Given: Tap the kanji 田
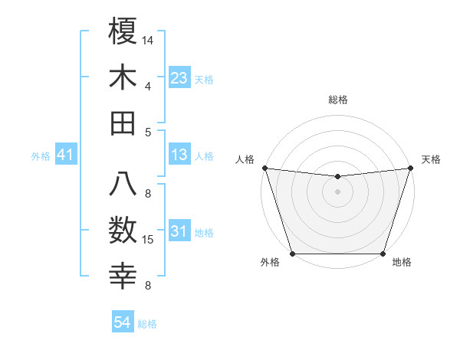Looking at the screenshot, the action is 123,123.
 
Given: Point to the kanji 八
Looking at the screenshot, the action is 123,184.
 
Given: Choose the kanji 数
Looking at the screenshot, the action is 123,231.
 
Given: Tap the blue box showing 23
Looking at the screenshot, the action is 179,77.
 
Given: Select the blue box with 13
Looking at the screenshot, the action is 179,155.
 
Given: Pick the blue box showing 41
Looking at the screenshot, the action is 66,155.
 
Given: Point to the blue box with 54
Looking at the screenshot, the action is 122,323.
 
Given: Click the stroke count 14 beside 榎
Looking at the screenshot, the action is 149,40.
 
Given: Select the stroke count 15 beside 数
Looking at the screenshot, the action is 149,240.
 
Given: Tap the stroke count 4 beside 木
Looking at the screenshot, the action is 148,86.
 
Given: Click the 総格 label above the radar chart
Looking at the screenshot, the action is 337,100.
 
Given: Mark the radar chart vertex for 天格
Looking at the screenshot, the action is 410,167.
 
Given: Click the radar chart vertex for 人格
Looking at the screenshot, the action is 264,167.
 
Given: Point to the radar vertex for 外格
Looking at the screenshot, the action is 292,254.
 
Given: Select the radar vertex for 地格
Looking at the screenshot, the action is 383,254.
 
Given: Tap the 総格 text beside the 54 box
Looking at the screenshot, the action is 147,324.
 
